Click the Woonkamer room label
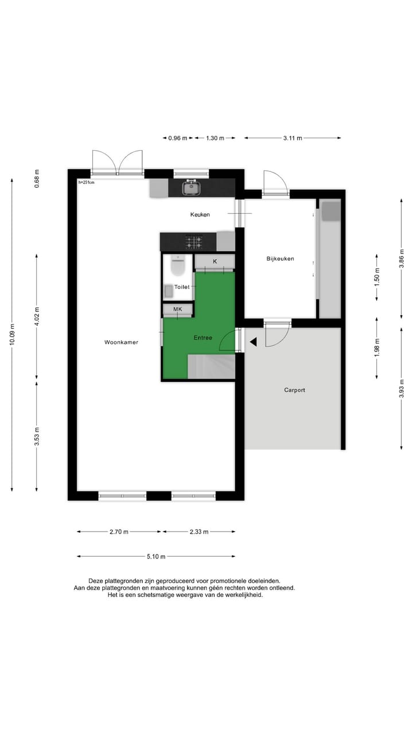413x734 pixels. (121, 342)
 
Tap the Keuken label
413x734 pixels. (200, 214)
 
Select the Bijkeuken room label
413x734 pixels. (280, 259)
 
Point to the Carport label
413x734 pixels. (294, 390)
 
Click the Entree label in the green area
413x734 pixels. (202, 338)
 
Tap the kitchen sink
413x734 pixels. (190, 187)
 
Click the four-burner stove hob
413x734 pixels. (193, 241)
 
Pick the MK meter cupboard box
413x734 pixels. (178, 310)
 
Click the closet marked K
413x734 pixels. (215, 261)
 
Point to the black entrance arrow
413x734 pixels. (252, 342)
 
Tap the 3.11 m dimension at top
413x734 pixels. (293, 138)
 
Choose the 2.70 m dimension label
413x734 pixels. (119, 532)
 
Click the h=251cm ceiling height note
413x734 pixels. (87, 183)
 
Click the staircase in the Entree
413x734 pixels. (212, 366)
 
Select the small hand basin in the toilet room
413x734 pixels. (169, 292)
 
